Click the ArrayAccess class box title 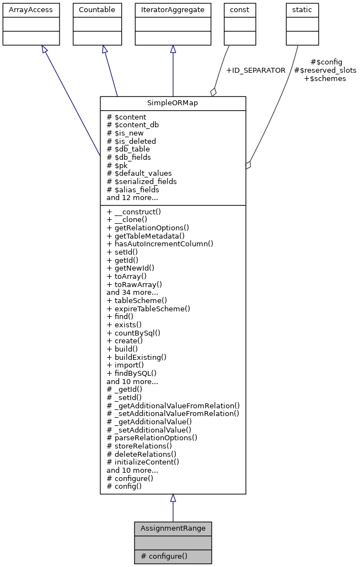(23, 10)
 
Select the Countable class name (97, 10)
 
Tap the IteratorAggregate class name (173, 10)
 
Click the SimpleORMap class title (173, 103)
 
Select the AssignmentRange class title (173, 528)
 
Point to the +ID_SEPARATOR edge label (255, 71)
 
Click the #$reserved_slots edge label (325, 71)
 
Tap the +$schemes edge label (325, 79)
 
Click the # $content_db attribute (133, 125)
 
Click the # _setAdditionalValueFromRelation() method (173, 413)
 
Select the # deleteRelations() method (139, 453)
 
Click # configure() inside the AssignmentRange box (164, 556)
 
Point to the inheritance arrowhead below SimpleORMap (173, 498)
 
